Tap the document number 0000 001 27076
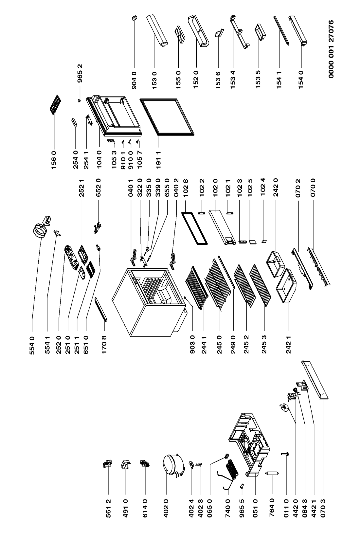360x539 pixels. coord(331,49)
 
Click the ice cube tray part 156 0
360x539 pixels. coord(55,104)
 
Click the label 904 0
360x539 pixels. coord(134,80)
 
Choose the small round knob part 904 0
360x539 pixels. coord(134,18)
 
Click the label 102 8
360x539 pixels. coord(185,188)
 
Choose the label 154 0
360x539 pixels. coord(301,80)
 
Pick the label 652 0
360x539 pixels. coord(98,188)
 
